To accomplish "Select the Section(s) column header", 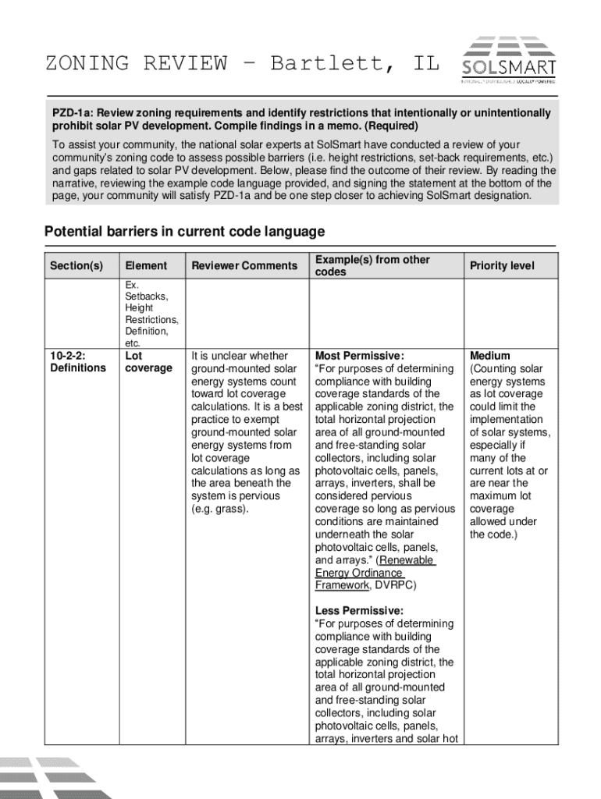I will [x=76, y=266].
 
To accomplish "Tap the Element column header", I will [x=146, y=266].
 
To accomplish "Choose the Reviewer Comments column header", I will [x=244, y=266].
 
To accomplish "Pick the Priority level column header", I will [x=502, y=266].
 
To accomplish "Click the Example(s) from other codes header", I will [x=372, y=266].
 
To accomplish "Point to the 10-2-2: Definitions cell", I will [x=78, y=362].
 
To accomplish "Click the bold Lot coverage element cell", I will [x=148, y=362].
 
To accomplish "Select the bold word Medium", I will [x=490, y=356].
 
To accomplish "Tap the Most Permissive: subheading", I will [x=360, y=356].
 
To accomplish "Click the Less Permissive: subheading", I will [x=359, y=611].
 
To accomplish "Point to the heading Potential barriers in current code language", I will [x=184, y=232].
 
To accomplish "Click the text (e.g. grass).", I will [x=220, y=509].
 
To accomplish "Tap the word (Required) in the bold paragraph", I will [x=393, y=126].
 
